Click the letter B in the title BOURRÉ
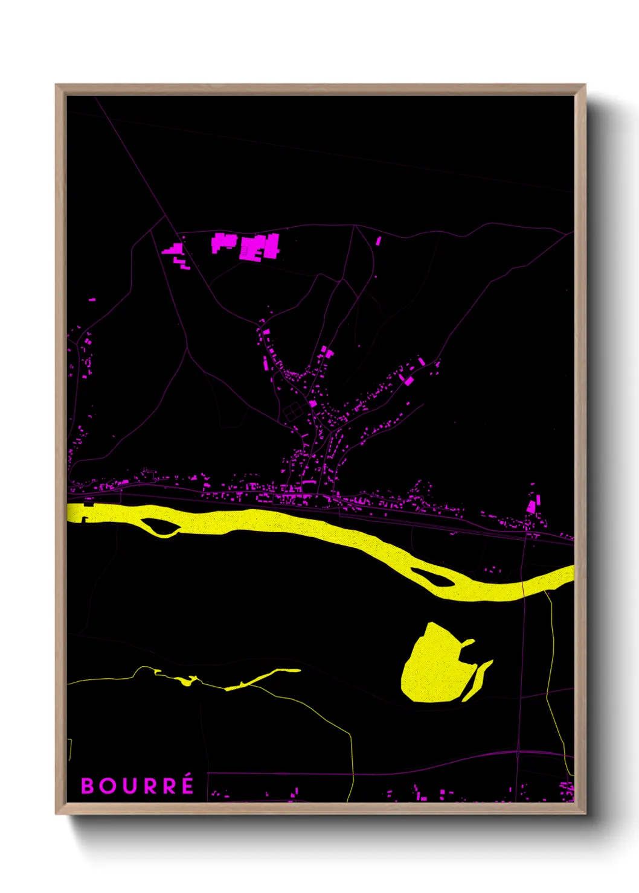point(88,786)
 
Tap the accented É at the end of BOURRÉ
point(187,785)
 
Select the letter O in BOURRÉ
point(108,786)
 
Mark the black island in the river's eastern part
point(432,578)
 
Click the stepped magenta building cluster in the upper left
point(175,251)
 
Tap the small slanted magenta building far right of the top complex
point(379,241)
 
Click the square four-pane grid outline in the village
point(292,412)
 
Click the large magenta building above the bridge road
point(531,506)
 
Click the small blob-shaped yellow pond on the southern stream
point(186,682)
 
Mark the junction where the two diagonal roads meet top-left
point(167,215)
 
